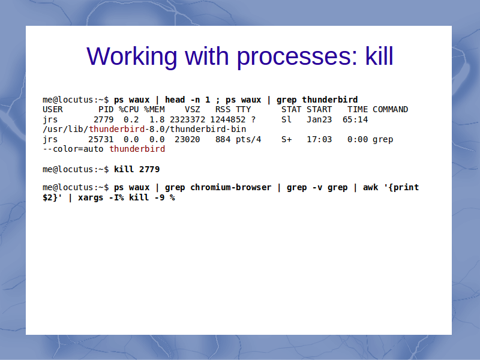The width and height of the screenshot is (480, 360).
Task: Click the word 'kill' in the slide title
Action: (379, 56)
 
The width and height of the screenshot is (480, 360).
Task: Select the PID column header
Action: (106, 109)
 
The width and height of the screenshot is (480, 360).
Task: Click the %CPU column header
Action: (129, 109)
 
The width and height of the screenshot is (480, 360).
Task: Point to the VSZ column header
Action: (192, 109)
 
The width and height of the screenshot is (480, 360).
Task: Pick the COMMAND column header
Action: (391, 109)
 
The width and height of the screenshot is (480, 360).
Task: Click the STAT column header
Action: (291, 109)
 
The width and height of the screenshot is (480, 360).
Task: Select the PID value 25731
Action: (101, 139)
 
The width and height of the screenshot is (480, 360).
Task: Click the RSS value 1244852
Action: (228, 119)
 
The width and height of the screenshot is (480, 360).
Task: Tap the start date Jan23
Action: (319, 119)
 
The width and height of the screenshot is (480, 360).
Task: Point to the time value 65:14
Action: (355, 119)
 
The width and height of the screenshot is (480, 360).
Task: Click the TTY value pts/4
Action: (248, 140)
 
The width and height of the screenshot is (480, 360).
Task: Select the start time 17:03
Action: (319, 139)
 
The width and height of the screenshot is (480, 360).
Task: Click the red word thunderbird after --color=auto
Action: (137, 149)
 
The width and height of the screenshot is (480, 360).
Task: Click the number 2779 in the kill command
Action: (149, 169)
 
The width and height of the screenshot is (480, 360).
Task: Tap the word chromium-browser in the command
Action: (231, 187)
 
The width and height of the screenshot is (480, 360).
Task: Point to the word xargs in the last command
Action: (91, 198)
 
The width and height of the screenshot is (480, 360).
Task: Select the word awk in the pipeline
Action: (370, 187)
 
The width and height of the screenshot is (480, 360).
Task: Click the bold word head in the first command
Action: (175, 100)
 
